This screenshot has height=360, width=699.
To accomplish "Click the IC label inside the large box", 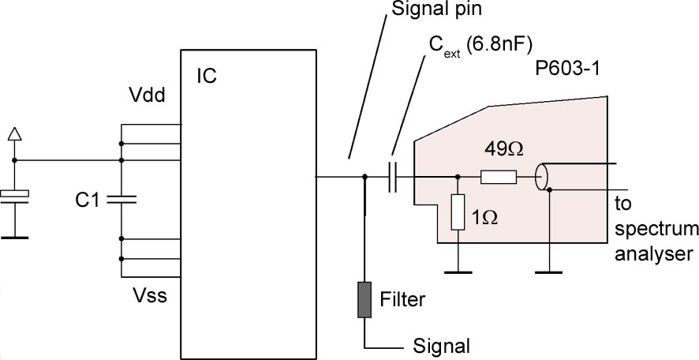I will coord(207,77).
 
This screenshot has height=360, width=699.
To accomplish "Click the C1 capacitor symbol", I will coord(121,199).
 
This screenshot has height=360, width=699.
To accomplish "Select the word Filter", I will coord(402,300).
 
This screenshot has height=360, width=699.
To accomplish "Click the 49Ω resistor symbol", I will coord(499,178).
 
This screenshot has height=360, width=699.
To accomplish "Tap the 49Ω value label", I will coord(498,148).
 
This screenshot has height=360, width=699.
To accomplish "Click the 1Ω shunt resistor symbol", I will coord(458,212).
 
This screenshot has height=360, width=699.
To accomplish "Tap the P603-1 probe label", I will coord(566,69).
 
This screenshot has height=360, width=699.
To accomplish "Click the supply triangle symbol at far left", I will coord(15,134).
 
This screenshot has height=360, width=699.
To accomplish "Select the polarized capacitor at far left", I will coord(15,194).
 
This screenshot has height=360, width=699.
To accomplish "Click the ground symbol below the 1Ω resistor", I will coord(458,273).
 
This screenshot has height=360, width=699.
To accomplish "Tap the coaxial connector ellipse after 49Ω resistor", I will coord(541,178).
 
